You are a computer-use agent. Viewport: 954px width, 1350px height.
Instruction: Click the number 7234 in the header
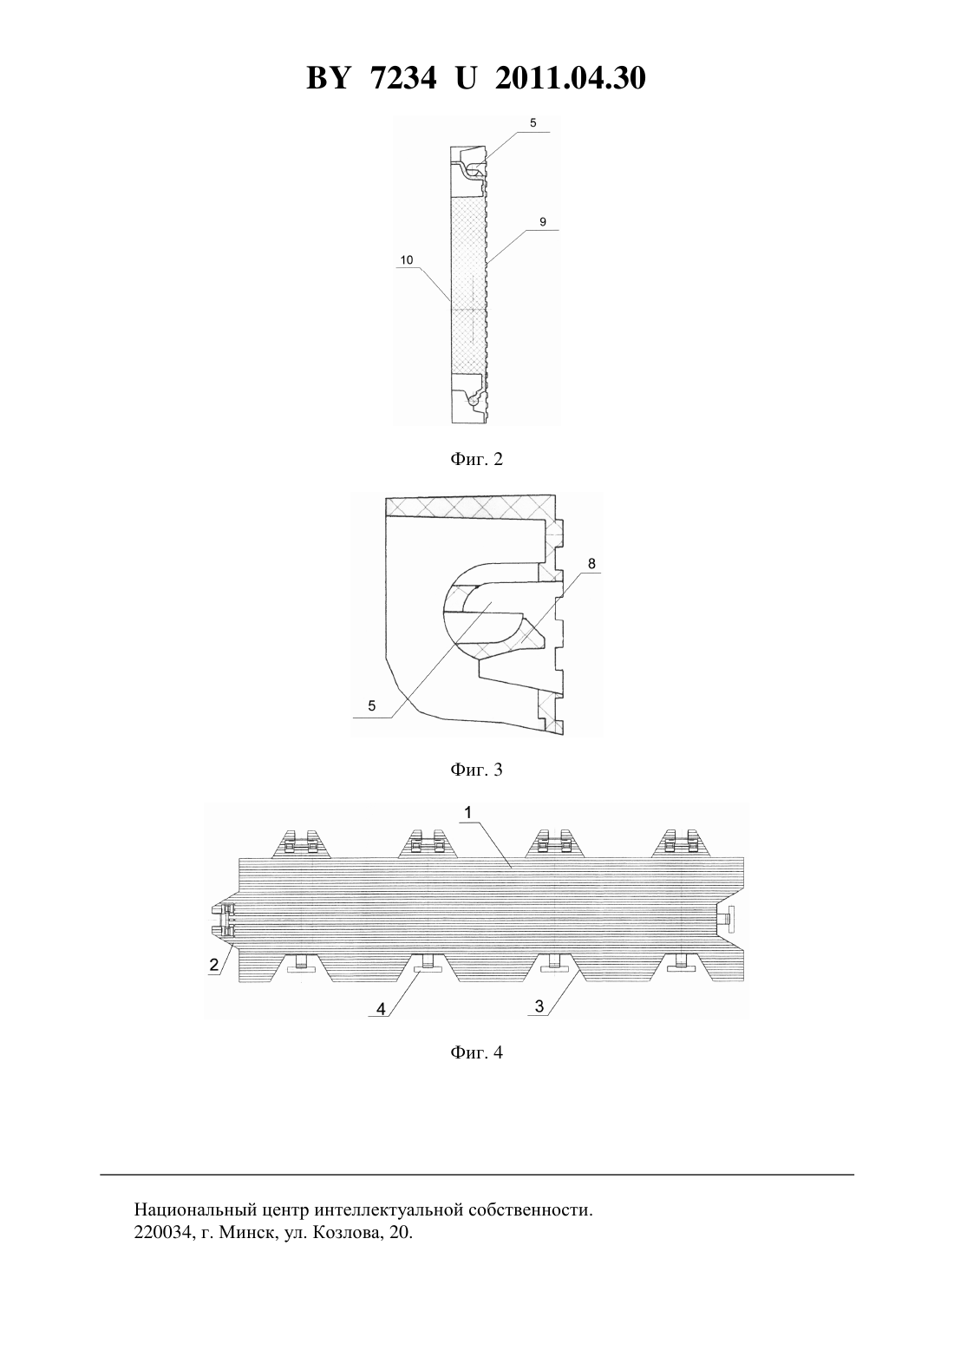coord(403,78)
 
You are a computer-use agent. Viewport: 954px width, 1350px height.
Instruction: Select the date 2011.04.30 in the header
coord(571,78)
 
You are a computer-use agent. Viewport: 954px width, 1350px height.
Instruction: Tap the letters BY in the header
coord(328,78)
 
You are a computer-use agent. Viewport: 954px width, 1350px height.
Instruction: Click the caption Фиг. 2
coord(476,459)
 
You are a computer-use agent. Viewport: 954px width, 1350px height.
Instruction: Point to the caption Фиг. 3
coord(476,770)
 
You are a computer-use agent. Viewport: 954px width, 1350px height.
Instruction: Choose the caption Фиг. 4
coord(476,1052)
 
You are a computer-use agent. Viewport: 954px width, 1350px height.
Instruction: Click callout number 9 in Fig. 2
coord(543,222)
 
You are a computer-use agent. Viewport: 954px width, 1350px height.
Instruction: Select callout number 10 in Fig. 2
coord(407,259)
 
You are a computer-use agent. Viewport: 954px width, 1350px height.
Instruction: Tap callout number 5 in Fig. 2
coord(533,123)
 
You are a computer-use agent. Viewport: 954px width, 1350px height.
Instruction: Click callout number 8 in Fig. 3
coord(591,563)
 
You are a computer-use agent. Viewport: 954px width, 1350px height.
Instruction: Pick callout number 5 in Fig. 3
coord(371,705)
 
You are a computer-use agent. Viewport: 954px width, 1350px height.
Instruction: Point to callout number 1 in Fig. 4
coord(468,813)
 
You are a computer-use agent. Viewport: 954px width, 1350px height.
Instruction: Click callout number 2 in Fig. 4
coord(214,965)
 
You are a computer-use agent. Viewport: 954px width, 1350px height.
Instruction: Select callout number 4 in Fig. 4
coord(381,1008)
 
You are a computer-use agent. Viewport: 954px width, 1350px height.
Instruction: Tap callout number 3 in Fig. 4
coord(539,1006)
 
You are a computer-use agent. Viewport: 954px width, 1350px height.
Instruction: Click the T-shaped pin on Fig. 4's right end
coord(729,920)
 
